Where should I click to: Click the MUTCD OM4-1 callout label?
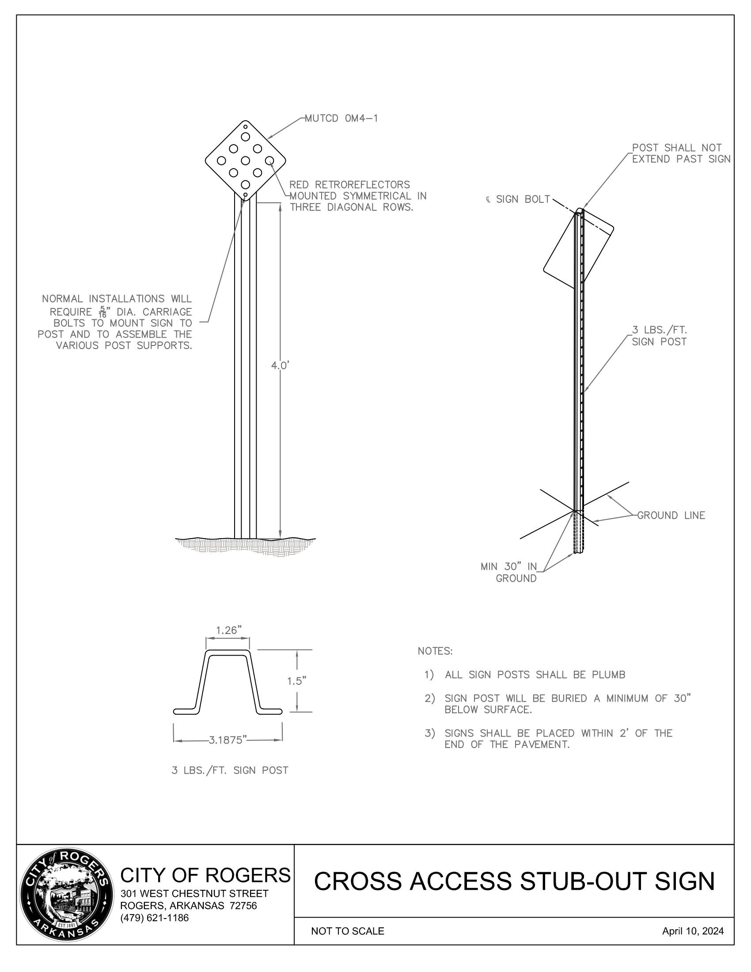[341, 118]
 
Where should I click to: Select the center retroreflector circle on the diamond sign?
[245, 160]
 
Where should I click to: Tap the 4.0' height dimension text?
[280, 366]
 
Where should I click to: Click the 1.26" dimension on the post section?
[229, 630]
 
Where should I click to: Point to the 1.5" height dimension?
[296, 681]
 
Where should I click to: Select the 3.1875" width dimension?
[228, 740]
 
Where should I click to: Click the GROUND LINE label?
[671, 515]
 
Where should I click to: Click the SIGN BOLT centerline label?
[519, 199]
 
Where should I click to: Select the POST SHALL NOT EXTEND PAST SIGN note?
[681, 154]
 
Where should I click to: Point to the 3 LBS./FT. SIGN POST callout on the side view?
[660, 336]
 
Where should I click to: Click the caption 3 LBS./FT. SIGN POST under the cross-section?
[230, 771]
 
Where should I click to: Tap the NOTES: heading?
[435, 651]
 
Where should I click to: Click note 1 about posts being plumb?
[535, 675]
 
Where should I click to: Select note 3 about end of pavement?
[558, 739]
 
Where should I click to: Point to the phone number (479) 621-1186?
[154, 918]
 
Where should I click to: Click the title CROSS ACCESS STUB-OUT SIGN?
[514, 881]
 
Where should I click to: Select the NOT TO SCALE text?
[348, 931]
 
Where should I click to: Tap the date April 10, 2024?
[692, 931]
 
